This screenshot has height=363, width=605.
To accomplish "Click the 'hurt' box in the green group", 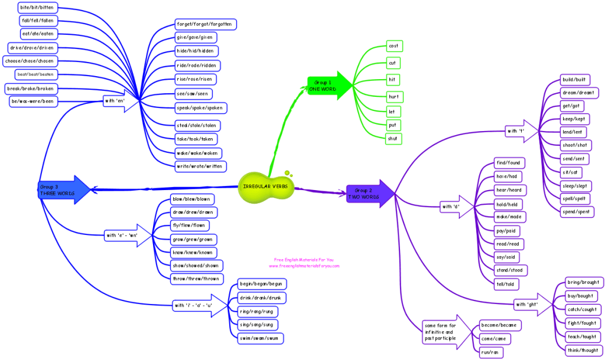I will coord(393,96).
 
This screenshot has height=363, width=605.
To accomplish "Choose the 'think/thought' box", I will coord(582,350).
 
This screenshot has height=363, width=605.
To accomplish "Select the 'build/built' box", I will coord(576,80).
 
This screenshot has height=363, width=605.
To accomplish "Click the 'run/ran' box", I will coord(492,352).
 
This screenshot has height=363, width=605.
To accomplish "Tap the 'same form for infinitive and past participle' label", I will coord(440,332).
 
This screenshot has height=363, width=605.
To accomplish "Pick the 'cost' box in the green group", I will coord(393,46).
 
